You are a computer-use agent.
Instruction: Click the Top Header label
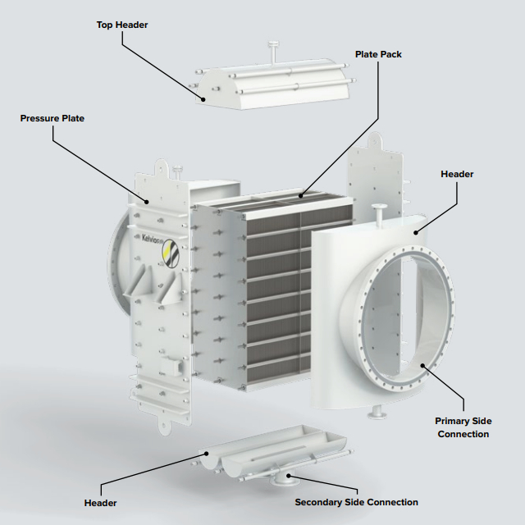tap(122, 25)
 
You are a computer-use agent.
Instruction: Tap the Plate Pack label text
tap(378, 54)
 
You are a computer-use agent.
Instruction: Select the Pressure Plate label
tap(52, 118)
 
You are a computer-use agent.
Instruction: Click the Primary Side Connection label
tap(463, 427)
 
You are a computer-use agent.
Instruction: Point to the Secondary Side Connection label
tap(356, 502)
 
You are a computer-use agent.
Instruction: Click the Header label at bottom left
tap(100, 503)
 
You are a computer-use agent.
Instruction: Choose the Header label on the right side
tap(457, 174)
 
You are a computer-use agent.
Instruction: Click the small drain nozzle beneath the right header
tap(377, 413)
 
